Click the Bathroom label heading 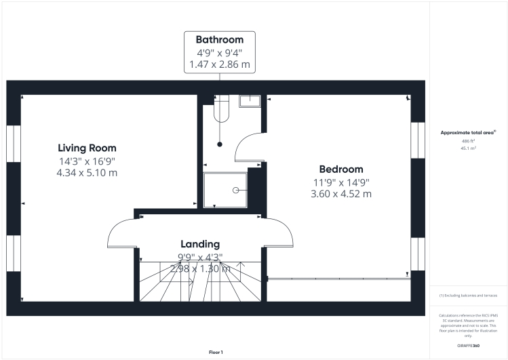tap(220, 39)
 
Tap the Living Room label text tap(87, 148)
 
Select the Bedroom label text tap(341, 169)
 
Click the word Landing tap(199, 244)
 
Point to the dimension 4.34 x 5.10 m tap(87, 173)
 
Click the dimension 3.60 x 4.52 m tap(341, 194)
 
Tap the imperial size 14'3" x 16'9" tap(87, 161)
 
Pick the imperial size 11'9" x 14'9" tap(341, 182)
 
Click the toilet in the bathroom tap(221, 111)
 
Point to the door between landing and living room tap(122, 234)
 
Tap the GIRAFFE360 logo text tap(468, 346)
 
